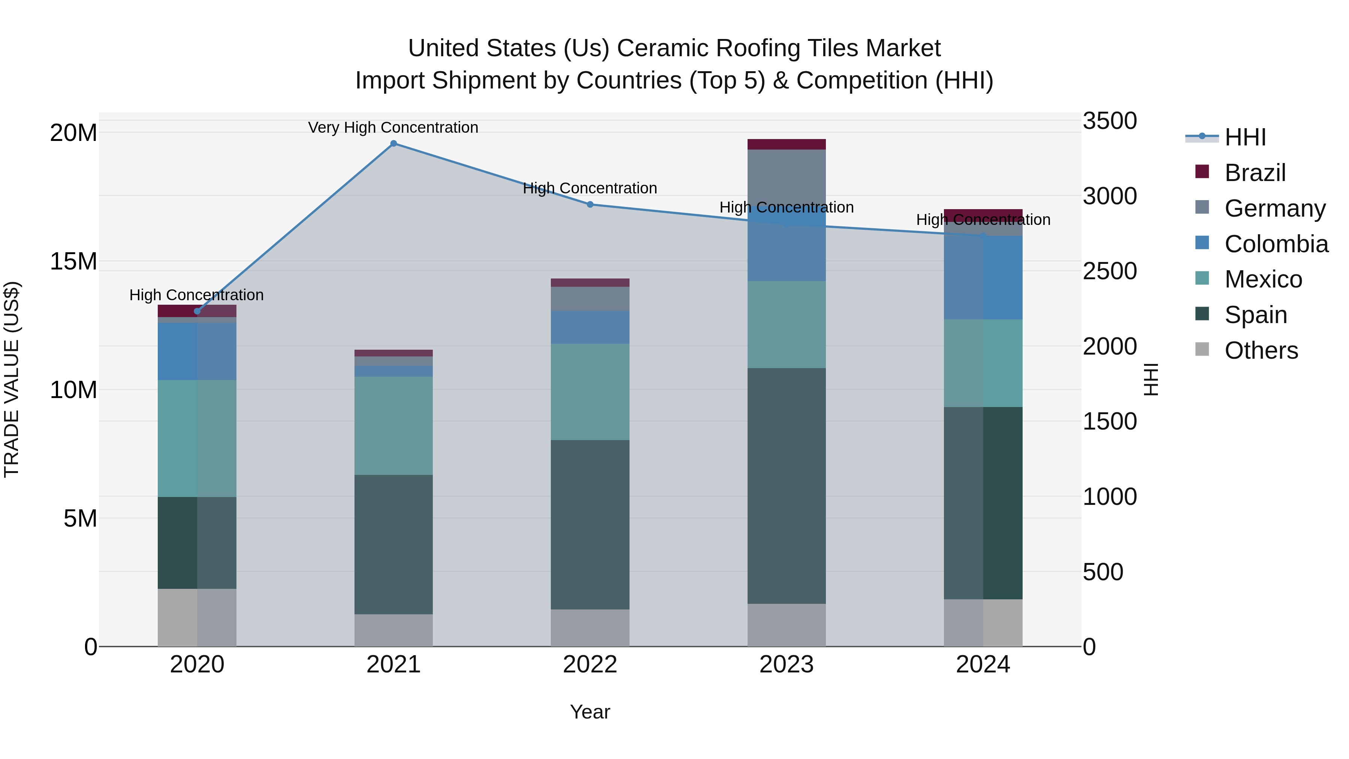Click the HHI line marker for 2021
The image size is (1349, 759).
393,144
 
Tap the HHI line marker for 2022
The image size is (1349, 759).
590,204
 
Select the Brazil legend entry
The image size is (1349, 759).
1255,173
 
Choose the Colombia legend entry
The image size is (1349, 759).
1276,244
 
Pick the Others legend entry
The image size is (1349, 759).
1261,350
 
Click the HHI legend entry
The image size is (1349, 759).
1245,137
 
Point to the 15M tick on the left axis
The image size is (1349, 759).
73,261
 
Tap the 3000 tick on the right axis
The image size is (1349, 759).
1109,196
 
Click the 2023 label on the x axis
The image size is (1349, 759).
786,665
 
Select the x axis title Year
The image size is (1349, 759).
590,712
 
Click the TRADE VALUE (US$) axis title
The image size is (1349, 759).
12,379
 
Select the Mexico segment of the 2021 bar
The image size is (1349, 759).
393,425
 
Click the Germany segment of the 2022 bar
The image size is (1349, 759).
590,299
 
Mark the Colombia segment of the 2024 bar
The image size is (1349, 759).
983,278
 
